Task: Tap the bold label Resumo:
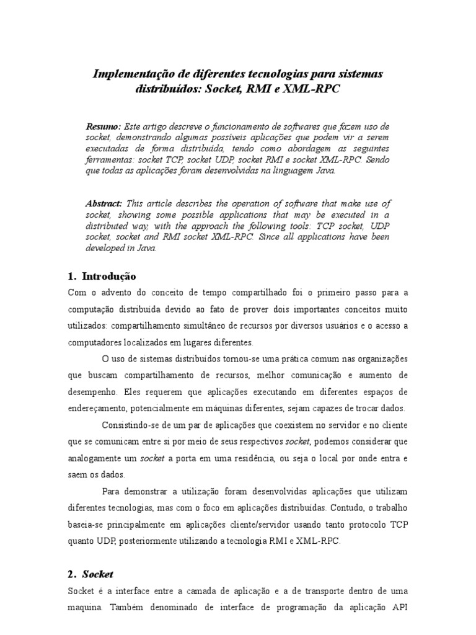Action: (x=103, y=127)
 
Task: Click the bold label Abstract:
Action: (x=105, y=203)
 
